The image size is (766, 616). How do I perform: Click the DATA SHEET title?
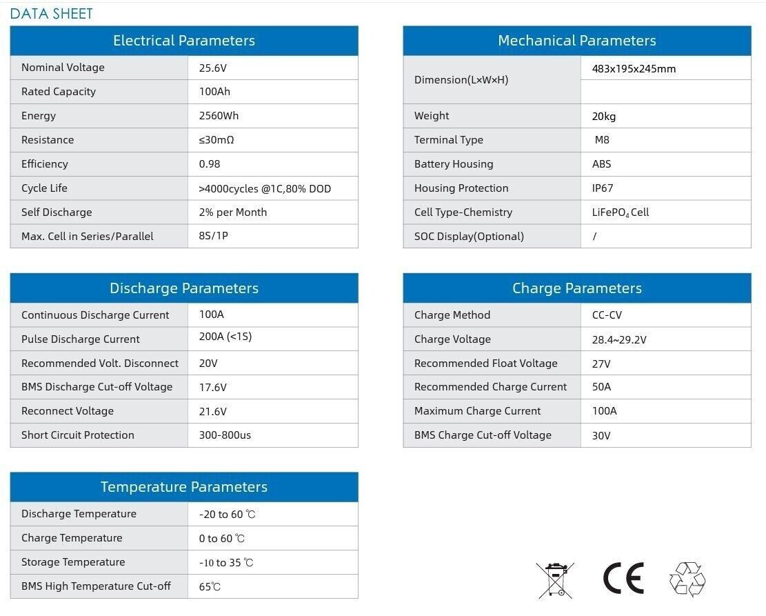52,14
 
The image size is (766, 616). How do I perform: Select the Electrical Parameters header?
184,41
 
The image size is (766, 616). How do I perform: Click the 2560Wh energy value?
219,116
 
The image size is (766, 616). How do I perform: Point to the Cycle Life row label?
44,188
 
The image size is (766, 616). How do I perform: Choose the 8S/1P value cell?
214,237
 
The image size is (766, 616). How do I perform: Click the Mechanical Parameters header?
576,41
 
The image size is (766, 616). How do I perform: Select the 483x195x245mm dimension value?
634,68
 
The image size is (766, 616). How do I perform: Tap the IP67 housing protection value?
603,188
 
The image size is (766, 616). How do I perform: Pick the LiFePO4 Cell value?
621,212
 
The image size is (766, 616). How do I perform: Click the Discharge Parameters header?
184,288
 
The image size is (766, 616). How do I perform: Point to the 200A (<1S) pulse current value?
225,338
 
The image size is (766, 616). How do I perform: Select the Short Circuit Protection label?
78,435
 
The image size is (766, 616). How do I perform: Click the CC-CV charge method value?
607,315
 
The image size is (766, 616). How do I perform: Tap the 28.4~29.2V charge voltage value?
619,339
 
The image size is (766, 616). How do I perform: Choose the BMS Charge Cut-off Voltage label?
483,435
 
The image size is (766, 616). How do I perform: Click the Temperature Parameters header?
184,487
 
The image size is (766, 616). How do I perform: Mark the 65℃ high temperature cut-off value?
210,587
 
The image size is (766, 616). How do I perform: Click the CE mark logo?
623,578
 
